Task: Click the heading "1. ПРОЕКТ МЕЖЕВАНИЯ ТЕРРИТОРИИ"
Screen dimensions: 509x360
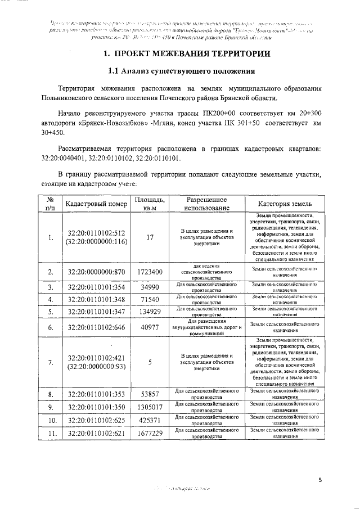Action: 182,55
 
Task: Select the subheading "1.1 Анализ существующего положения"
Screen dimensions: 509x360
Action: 182,72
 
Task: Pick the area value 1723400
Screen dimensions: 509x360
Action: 150,272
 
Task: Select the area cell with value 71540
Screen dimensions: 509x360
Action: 150,299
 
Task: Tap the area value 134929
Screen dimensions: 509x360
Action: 150,311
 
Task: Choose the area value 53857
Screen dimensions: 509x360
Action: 150,395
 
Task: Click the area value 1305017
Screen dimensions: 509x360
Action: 150,407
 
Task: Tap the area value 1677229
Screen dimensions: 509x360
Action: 150,433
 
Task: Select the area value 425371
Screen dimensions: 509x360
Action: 150,420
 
